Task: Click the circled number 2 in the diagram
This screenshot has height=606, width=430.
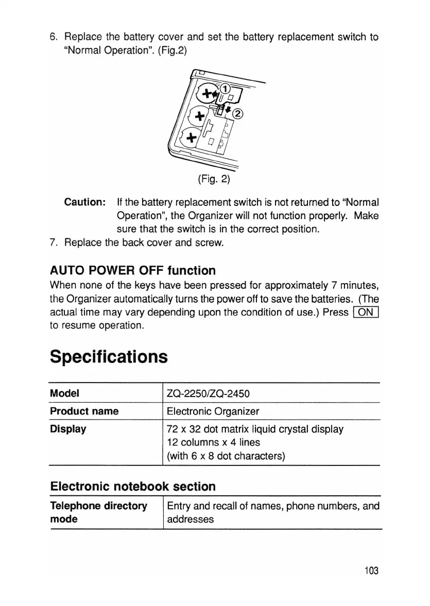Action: click(x=238, y=114)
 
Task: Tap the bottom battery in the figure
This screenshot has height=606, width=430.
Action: click(x=192, y=136)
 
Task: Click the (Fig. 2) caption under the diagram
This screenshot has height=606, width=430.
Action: click(x=214, y=179)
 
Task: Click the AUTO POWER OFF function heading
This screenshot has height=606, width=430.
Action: click(x=133, y=270)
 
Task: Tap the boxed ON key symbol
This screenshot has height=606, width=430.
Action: click(x=366, y=313)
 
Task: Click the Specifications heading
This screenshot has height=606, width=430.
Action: click(x=109, y=356)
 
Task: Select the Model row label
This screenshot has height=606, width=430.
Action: click(x=64, y=394)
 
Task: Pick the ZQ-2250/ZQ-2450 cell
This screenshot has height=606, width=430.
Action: click(x=209, y=394)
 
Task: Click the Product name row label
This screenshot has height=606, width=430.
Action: click(x=84, y=411)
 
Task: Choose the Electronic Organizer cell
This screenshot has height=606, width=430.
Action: click(x=213, y=411)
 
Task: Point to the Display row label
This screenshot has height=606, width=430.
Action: click(x=68, y=428)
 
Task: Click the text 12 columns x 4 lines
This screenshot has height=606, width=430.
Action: click(x=214, y=442)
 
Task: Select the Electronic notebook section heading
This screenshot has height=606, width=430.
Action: click(x=132, y=486)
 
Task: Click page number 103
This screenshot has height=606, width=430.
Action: click(x=371, y=570)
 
